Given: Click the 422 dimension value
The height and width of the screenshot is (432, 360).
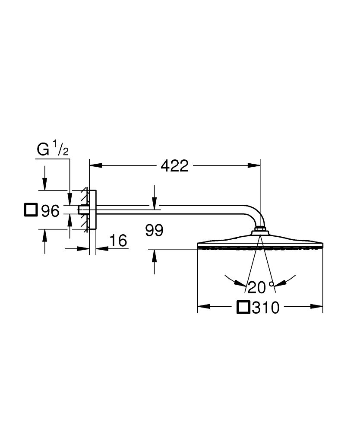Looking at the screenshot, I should (174, 165).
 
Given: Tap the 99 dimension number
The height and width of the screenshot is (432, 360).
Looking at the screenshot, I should (154, 231).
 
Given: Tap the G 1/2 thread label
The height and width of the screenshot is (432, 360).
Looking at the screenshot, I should (52, 150).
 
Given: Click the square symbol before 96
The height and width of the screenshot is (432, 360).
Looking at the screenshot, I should (31, 210).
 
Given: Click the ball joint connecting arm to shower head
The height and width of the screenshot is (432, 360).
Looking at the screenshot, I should (260, 229).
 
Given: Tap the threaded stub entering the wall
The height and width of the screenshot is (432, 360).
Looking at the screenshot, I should (81, 210).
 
